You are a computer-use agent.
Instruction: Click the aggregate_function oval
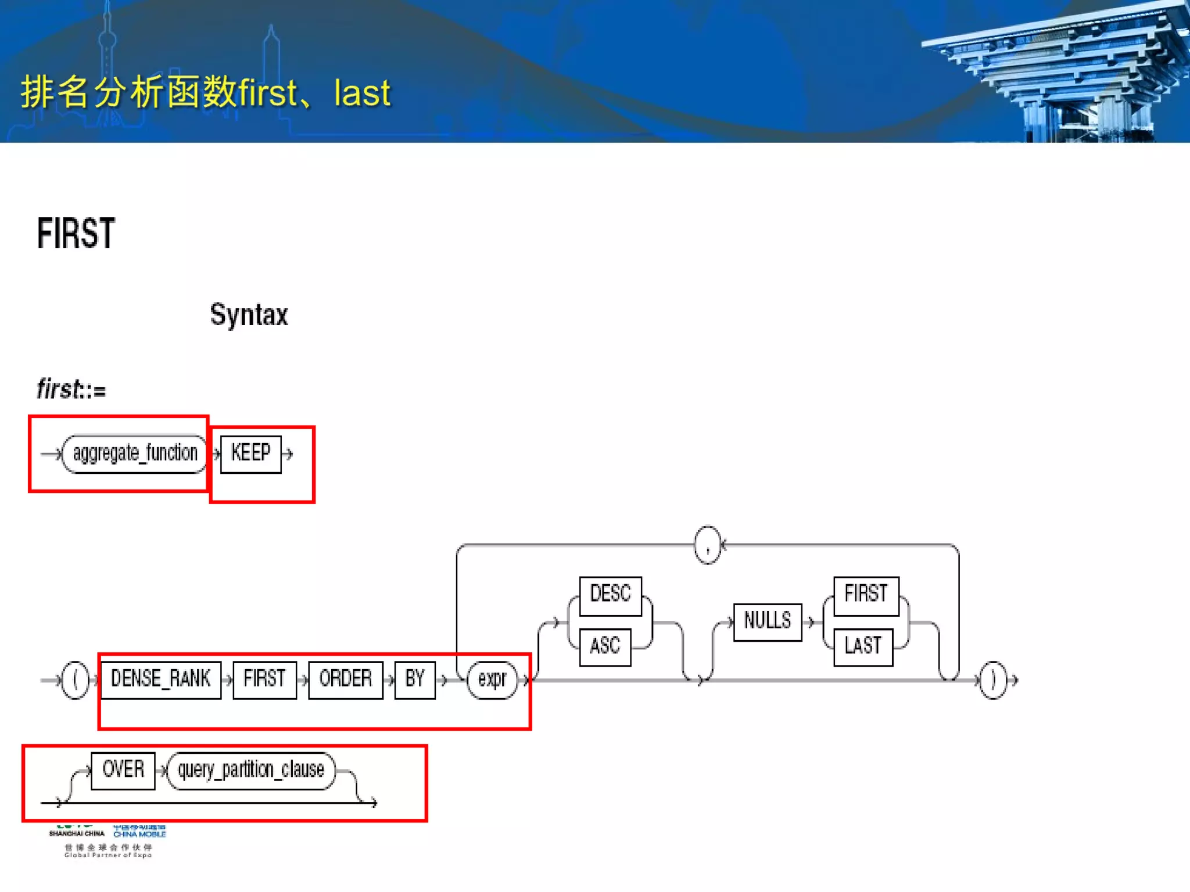point(134,454)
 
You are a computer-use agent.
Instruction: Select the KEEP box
point(250,454)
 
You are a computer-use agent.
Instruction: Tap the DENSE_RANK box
point(160,679)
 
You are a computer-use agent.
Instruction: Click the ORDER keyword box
point(345,679)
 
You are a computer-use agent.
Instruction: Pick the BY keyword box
point(414,679)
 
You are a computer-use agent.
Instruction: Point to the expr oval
point(492,679)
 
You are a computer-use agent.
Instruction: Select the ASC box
point(605,646)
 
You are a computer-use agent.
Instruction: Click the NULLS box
point(767,621)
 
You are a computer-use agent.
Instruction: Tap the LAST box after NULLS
point(863,646)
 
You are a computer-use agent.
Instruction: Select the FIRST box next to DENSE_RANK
point(264,679)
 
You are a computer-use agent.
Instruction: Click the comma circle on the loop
point(707,545)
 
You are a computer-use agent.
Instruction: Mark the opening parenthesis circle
point(75,679)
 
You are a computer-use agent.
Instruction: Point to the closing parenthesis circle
point(992,679)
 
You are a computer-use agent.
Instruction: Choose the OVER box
point(123,770)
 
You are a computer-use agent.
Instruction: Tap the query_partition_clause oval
point(250,770)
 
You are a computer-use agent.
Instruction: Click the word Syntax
point(249,315)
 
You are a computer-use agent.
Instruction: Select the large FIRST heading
point(76,233)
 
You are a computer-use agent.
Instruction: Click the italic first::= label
point(71,389)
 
